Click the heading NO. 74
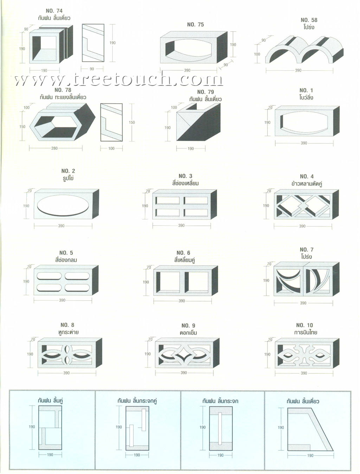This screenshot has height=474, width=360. coord(54,11)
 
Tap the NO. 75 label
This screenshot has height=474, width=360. coord(195,25)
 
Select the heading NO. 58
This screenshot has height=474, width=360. coord(309,20)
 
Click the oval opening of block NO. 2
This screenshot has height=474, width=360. coord(63,205)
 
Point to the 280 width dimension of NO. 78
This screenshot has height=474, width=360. coord(54,148)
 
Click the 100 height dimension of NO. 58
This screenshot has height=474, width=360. coord(257,54)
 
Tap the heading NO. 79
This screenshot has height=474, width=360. coord(205,92)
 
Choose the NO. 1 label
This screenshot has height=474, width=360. coord(306,90)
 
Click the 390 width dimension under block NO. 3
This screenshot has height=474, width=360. coord(181,225)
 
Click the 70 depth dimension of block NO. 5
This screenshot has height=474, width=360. coord(29,267)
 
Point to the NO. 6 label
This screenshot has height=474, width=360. coord(183,253)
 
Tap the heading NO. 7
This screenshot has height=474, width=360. coord(307,250)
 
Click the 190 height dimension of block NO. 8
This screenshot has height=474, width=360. coord(30,354)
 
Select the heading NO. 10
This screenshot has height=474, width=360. coord(304,325)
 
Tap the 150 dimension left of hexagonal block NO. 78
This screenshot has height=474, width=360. coord(22,127)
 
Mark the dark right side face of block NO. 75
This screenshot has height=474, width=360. coord(222,47)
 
